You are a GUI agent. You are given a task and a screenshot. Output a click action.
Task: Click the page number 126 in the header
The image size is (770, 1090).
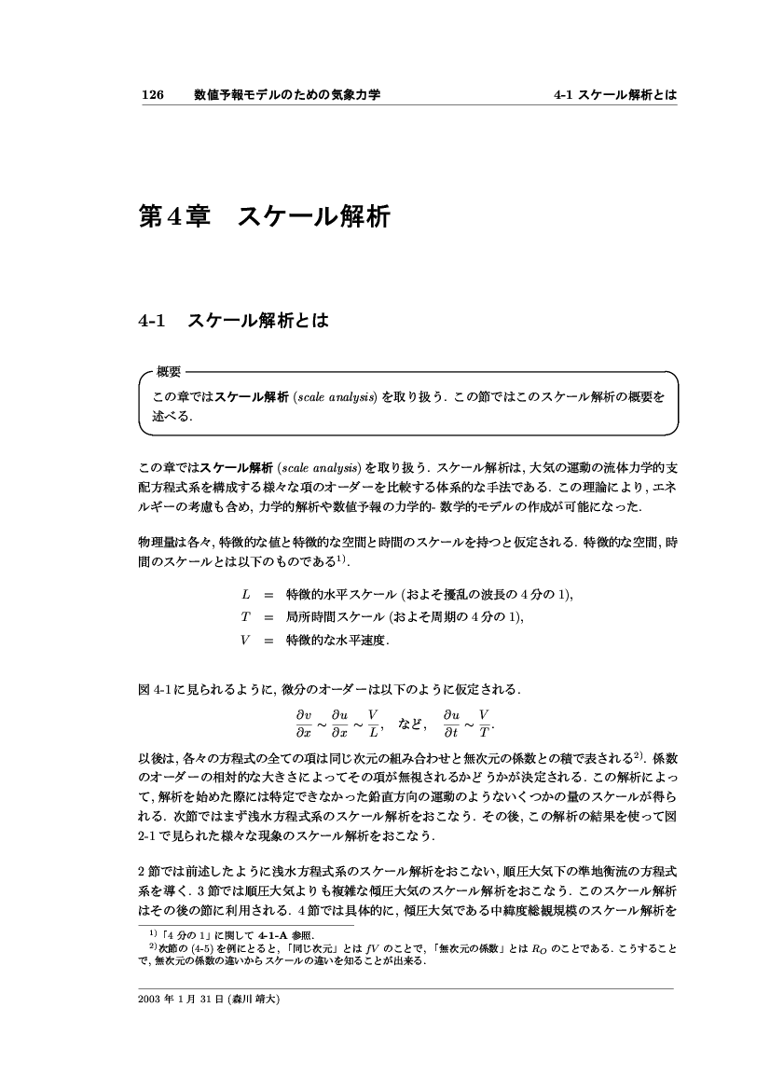152,95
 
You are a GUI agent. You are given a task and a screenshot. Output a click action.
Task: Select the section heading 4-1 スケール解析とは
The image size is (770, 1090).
233,322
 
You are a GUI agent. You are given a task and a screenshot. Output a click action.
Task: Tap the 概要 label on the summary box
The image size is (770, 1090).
169,372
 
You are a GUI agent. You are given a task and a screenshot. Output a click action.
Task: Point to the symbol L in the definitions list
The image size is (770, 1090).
246,594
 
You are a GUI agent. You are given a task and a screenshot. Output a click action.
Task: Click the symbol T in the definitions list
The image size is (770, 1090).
246,616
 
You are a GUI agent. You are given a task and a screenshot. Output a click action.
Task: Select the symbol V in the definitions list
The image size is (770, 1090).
246,640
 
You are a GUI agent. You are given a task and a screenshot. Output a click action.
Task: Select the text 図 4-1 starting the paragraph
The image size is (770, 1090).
153,689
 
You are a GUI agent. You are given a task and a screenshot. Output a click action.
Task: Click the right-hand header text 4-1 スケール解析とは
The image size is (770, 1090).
614,95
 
